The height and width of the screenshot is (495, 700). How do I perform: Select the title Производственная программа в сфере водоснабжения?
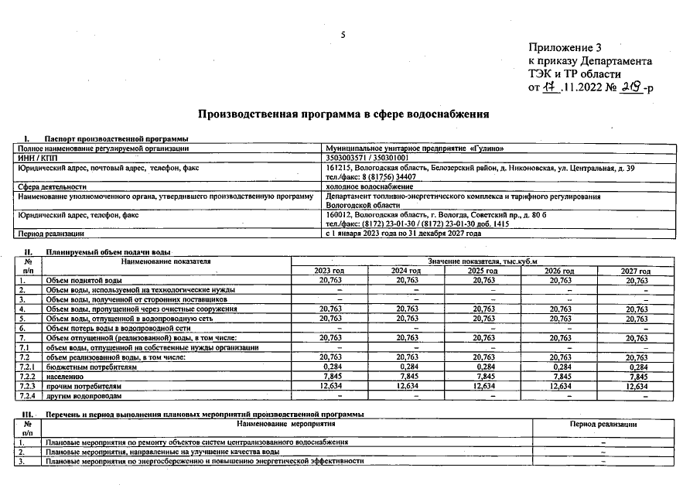344,114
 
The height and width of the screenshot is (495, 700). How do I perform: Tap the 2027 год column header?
635,271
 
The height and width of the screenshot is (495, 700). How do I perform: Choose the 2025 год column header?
482,271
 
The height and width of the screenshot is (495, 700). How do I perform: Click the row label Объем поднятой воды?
84,280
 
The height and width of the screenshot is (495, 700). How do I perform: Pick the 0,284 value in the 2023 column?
330,367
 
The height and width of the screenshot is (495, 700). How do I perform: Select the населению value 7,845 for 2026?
562,377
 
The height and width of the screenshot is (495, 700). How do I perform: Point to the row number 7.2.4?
29,395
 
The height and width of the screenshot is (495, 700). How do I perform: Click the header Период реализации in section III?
603,425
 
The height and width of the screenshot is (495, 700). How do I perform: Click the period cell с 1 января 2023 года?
403,233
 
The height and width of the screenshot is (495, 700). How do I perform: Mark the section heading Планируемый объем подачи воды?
108,253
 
